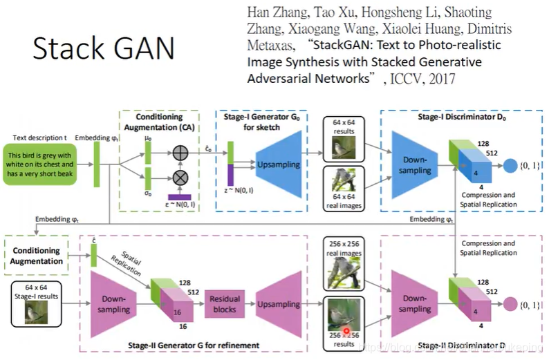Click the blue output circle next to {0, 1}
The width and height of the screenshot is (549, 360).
[510, 166]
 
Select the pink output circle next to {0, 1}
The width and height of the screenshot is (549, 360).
[510, 304]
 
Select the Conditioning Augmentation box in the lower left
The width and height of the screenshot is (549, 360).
[36, 255]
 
